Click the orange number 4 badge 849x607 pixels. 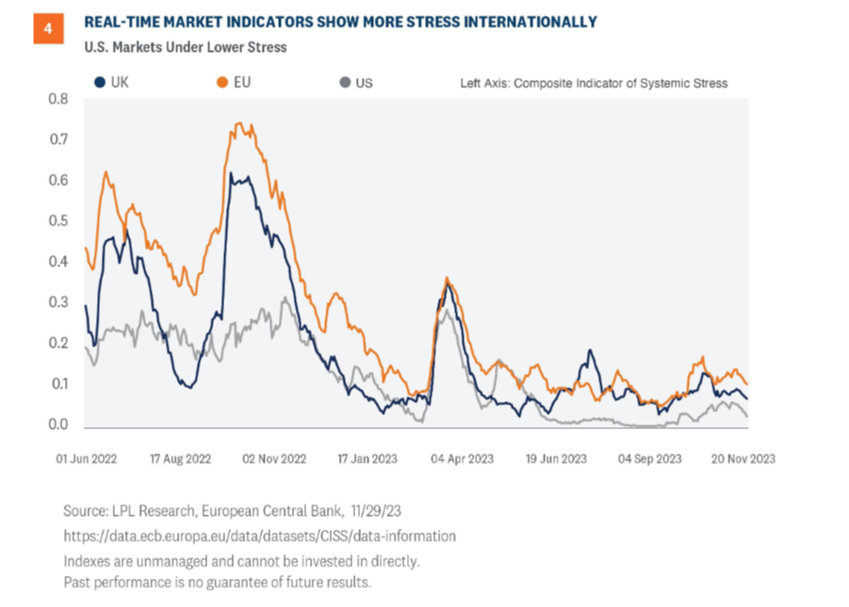click(47, 29)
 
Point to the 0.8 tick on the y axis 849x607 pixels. click(58, 99)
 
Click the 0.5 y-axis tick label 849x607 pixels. click(58, 221)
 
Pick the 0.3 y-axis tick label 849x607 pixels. click(58, 302)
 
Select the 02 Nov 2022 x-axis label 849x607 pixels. click(275, 458)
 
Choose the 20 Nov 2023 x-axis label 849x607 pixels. click(743, 458)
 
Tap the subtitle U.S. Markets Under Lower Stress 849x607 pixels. click(186, 47)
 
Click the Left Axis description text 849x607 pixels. click(594, 83)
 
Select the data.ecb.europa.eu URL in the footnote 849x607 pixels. click(260, 535)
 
